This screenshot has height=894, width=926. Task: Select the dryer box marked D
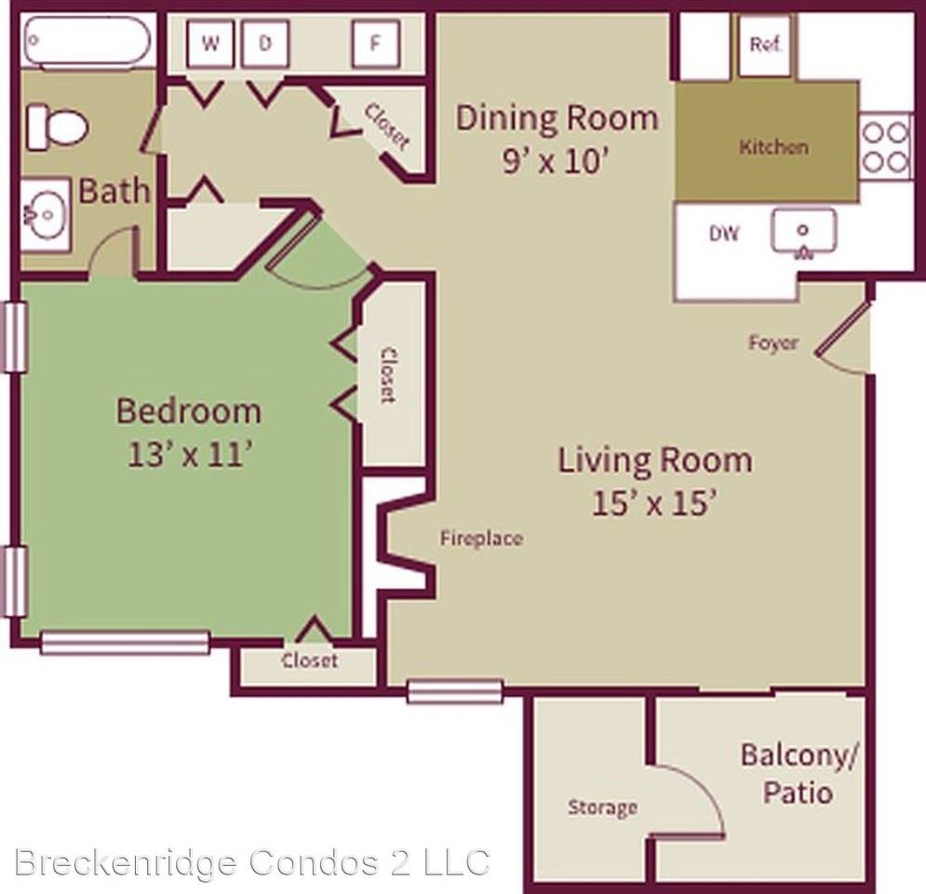tap(264, 44)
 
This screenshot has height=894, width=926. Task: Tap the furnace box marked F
tap(374, 44)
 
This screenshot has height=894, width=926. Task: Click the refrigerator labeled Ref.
tap(765, 45)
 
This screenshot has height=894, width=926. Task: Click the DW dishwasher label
tap(724, 234)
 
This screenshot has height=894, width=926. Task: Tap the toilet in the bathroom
tap(55, 125)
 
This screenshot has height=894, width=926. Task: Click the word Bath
tap(114, 191)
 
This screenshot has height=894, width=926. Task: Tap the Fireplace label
tap(481, 537)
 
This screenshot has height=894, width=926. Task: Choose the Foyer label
tap(773, 343)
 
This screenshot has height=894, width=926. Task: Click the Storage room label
tap(602, 807)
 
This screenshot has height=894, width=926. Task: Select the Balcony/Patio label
tap(797, 773)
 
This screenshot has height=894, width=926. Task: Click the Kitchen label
tap(773, 146)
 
